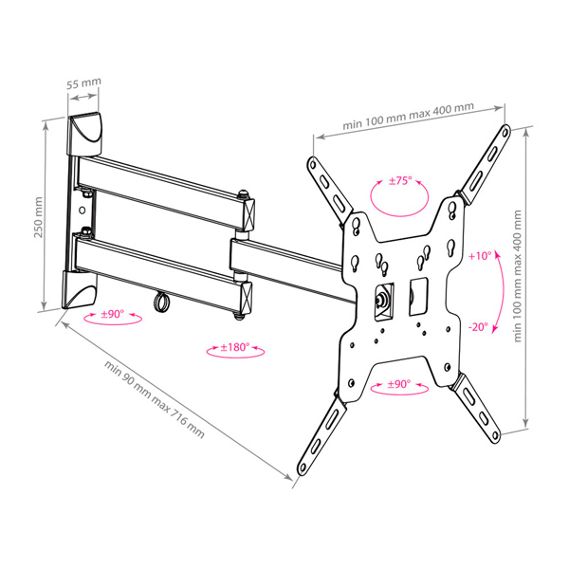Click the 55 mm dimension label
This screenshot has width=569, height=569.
[x=83, y=83]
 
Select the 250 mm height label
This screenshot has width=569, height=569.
[x=38, y=217]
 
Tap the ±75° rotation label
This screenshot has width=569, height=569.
[x=400, y=181]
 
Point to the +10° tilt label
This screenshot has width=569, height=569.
[x=480, y=256]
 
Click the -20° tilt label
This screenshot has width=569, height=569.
[x=479, y=327]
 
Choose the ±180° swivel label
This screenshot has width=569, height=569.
[x=235, y=347]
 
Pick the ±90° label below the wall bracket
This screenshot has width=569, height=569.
[x=113, y=314]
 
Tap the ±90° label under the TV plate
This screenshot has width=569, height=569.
[x=399, y=384]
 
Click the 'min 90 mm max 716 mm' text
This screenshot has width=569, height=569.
[x=155, y=399]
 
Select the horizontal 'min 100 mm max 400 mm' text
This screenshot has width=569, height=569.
[x=408, y=116]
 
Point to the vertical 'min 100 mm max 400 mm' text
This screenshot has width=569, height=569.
[x=518, y=276]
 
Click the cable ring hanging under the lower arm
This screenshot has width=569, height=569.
[x=161, y=302]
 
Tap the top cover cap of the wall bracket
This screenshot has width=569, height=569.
[x=84, y=135]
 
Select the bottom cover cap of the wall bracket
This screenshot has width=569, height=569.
[x=80, y=289]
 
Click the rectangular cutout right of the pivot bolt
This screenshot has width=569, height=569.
[x=418, y=297]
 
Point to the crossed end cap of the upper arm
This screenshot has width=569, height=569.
[x=248, y=214]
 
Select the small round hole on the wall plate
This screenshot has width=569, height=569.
[x=83, y=211]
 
